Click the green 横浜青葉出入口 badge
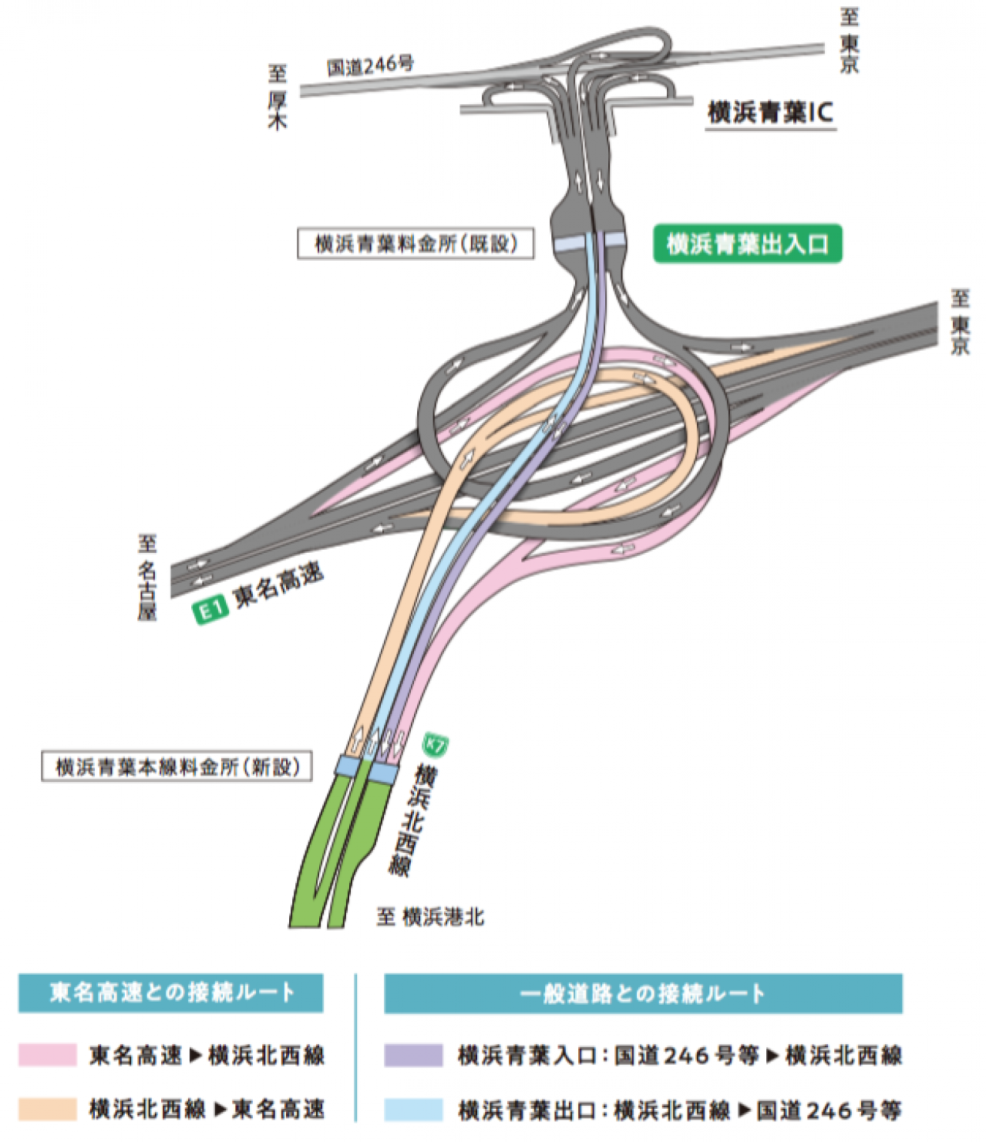point(747,244)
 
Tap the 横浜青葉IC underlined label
point(771,114)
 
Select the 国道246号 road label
point(370,66)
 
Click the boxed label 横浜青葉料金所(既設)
point(416,243)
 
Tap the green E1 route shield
point(210,611)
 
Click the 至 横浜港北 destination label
point(430,918)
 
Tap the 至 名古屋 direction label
point(147,578)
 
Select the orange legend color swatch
point(48,1109)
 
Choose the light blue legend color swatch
point(413,1109)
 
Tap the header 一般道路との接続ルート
point(643,993)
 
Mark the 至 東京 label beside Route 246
point(850,40)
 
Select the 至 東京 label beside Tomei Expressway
point(960,322)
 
